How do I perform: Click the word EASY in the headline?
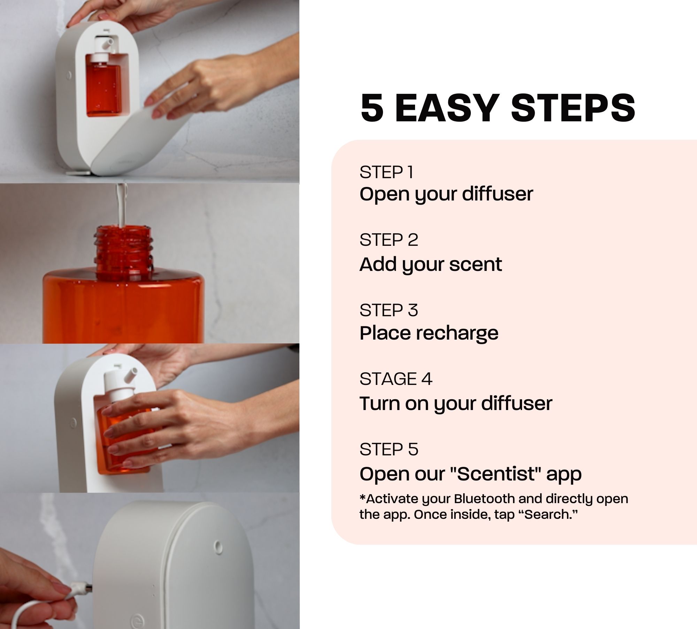tap(446, 108)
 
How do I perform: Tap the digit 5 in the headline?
tap(373, 108)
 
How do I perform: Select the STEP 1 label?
tap(386, 172)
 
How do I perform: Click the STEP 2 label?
tap(389, 240)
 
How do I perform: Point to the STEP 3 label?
tap(389, 310)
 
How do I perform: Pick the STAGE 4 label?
tap(396, 379)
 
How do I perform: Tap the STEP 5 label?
tap(389, 449)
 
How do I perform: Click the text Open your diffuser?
tap(446, 194)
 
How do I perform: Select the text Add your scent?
tap(431, 265)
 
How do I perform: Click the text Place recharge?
tap(429, 333)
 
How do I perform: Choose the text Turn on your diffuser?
tap(456, 403)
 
